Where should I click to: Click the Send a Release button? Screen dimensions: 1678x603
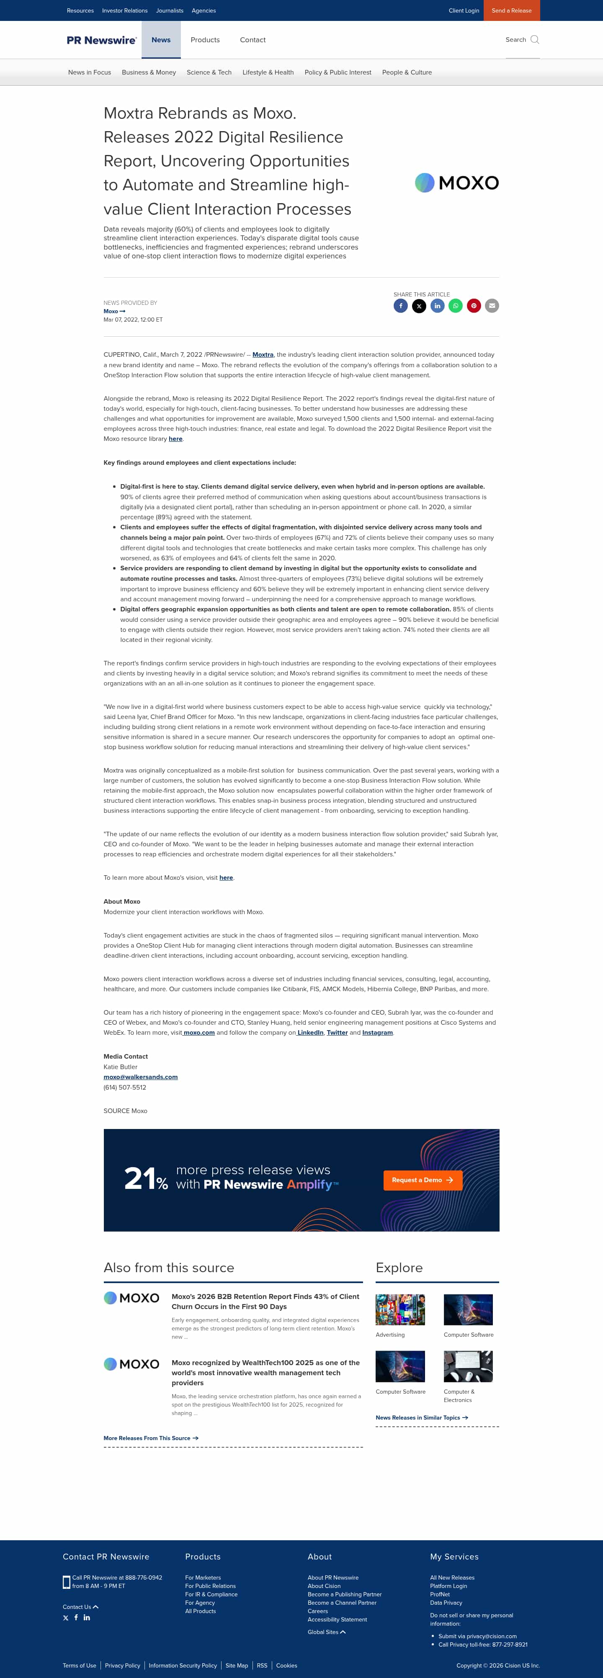click(x=511, y=10)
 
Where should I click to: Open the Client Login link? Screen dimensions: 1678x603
click(x=464, y=10)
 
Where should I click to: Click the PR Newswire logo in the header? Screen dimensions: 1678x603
click(x=102, y=40)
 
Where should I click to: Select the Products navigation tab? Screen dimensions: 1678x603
click(x=205, y=40)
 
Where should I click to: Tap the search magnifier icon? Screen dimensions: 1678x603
click(x=535, y=40)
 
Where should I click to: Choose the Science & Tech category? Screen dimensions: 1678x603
click(x=209, y=72)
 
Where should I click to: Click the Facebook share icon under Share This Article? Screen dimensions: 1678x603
click(x=400, y=306)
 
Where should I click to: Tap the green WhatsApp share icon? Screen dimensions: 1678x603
click(x=455, y=306)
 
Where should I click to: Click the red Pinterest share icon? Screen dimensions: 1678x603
click(x=474, y=306)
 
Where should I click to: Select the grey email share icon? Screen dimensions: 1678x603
click(x=492, y=306)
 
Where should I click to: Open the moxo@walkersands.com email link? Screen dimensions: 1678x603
click(x=141, y=1077)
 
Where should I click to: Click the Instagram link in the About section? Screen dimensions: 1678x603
click(x=377, y=1032)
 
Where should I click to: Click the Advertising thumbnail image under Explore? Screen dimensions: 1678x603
click(x=400, y=1309)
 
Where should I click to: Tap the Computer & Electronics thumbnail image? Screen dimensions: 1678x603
click(x=468, y=1366)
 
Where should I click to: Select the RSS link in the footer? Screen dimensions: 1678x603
click(x=262, y=1665)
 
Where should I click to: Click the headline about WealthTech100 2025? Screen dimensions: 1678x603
click(x=265, y=1372)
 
